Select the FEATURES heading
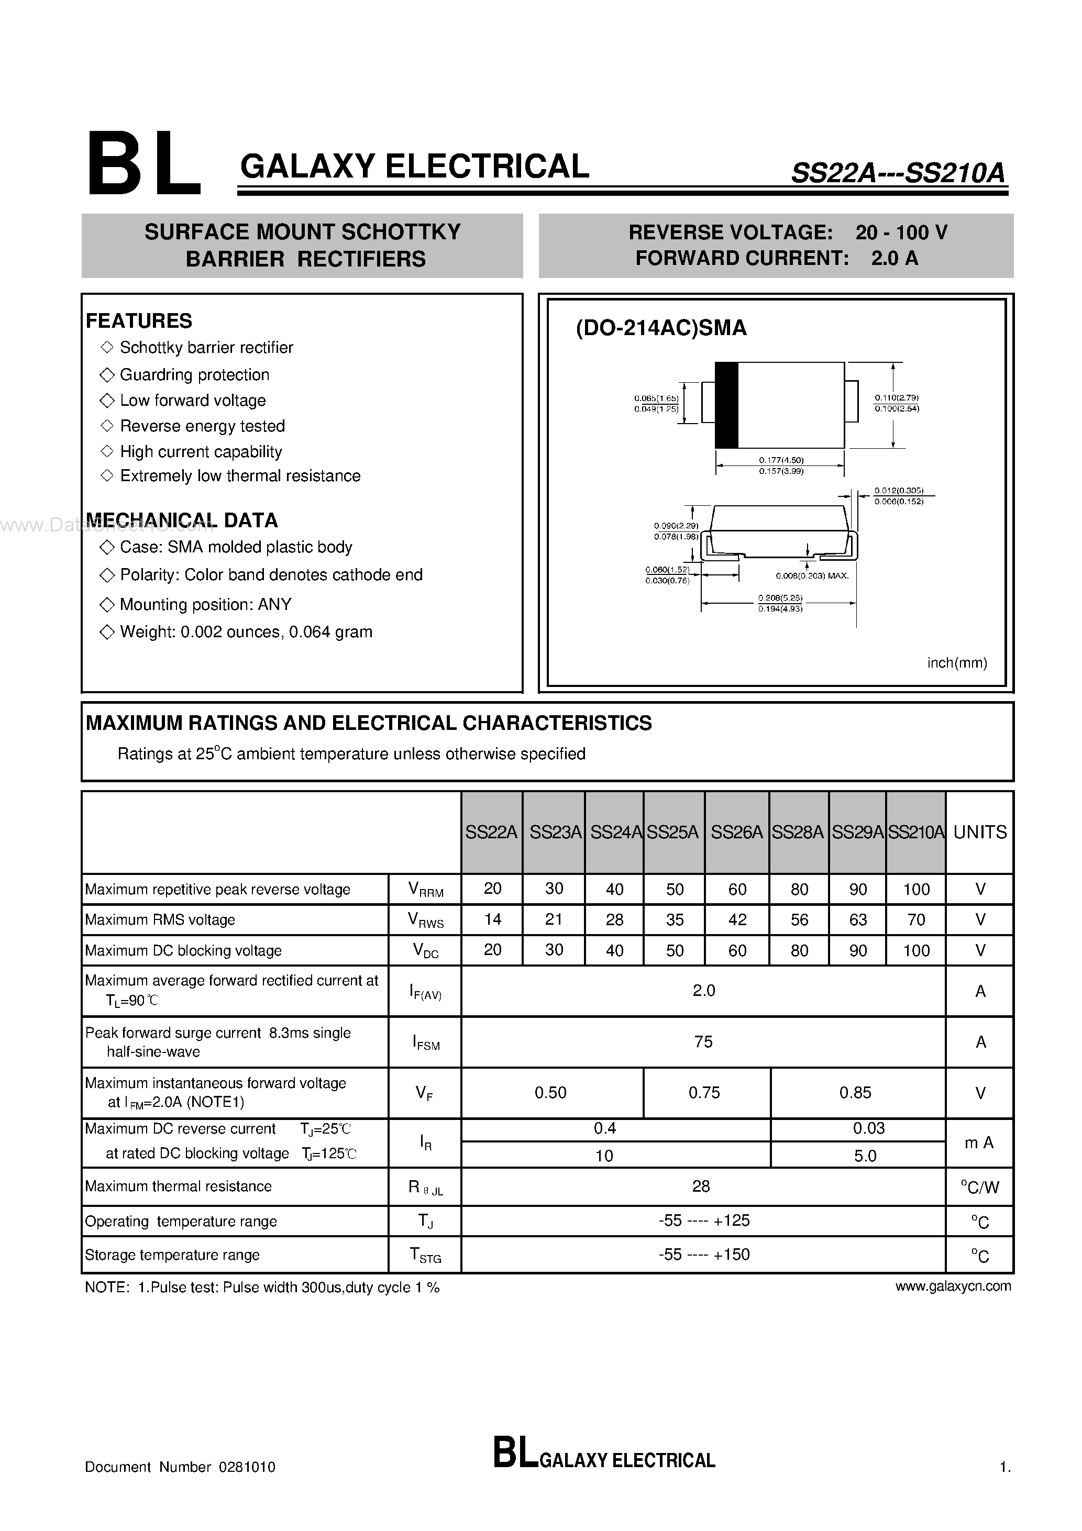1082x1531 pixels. [139, 321]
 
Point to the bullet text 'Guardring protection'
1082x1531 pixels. [194, 375]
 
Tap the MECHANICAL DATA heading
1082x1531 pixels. [181, 520]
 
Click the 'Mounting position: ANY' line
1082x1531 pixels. [205, 604]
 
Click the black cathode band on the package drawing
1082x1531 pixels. [726, 405]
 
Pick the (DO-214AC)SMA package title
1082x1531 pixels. [661, 328]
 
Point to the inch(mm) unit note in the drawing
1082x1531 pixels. [957, 663]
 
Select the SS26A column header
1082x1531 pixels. [736, 832]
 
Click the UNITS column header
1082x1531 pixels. [979, 832]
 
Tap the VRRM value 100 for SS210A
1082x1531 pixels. [916, 889]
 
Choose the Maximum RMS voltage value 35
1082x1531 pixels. [675, 919]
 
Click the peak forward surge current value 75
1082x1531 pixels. [703, 1041]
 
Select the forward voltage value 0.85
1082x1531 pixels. [855, 1092]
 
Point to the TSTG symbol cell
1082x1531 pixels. [425, 1255]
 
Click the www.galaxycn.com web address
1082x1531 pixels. [953, 1286]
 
